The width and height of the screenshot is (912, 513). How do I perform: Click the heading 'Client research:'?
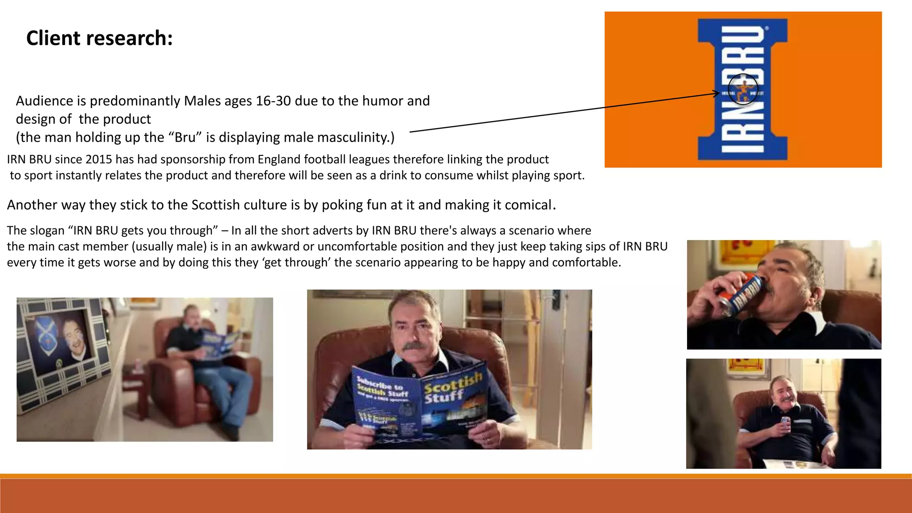[99, 38]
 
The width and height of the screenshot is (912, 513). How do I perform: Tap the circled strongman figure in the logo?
[743, 89]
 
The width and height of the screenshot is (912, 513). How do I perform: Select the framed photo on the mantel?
[62, 343]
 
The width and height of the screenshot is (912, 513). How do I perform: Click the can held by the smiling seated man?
[786, 424]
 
